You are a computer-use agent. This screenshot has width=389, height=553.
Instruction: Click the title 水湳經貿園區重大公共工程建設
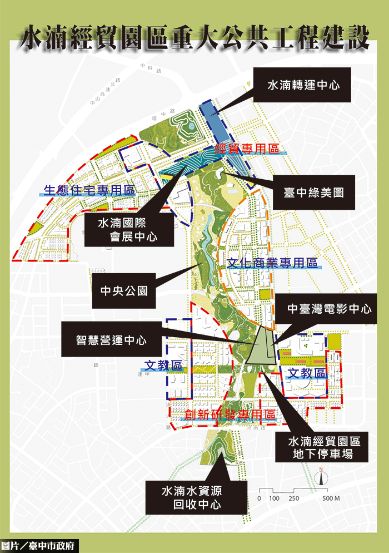point(194,38)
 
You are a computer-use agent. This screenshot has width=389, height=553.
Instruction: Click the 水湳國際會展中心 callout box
point(127,230)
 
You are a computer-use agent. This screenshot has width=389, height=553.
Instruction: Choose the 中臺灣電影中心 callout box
point(330,309)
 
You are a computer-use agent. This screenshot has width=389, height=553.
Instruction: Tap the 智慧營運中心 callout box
point(112,339)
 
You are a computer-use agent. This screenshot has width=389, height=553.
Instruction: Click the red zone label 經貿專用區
point(247,149)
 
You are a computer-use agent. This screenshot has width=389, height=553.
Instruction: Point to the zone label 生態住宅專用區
point(89,190)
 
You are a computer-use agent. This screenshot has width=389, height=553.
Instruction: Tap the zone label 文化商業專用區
point(272,263)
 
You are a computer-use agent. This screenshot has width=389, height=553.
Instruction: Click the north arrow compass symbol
point(321,478)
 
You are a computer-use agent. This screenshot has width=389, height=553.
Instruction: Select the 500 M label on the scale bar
point(331,498)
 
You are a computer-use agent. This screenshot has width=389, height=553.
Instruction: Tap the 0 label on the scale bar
point(259,498)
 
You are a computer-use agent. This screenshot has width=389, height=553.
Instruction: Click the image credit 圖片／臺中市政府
point(39,545)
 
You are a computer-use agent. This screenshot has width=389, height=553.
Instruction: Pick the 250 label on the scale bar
point(293,498)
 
